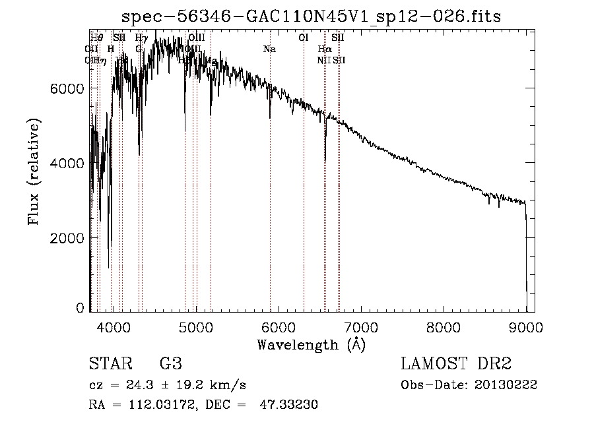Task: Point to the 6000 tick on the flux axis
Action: (66, 88)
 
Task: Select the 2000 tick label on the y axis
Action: (66, 237)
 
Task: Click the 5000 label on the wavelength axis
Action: (195, 326)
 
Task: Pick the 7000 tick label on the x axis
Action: (360, 326)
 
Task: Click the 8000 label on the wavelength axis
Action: (444, 326)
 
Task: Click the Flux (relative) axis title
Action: (33, 171)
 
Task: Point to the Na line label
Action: (269, 49)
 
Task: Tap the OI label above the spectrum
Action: (304, 38)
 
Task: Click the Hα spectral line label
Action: (324, 49)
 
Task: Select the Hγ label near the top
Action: (141, 38)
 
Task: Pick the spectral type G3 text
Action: (170, 364)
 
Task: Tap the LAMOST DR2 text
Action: (455, 364)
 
